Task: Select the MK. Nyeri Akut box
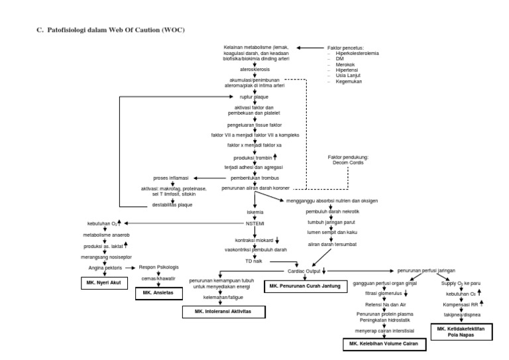(100, 282)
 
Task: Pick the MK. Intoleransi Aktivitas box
(225, 310)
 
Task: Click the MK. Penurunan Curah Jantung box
(304, 286)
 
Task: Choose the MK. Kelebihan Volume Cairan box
(384, 345)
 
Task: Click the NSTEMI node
(255, 223)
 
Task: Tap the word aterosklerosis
(255, 69)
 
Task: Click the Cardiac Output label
(304, 271)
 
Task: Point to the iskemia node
(255, 213)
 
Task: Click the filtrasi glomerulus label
(382, 292)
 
